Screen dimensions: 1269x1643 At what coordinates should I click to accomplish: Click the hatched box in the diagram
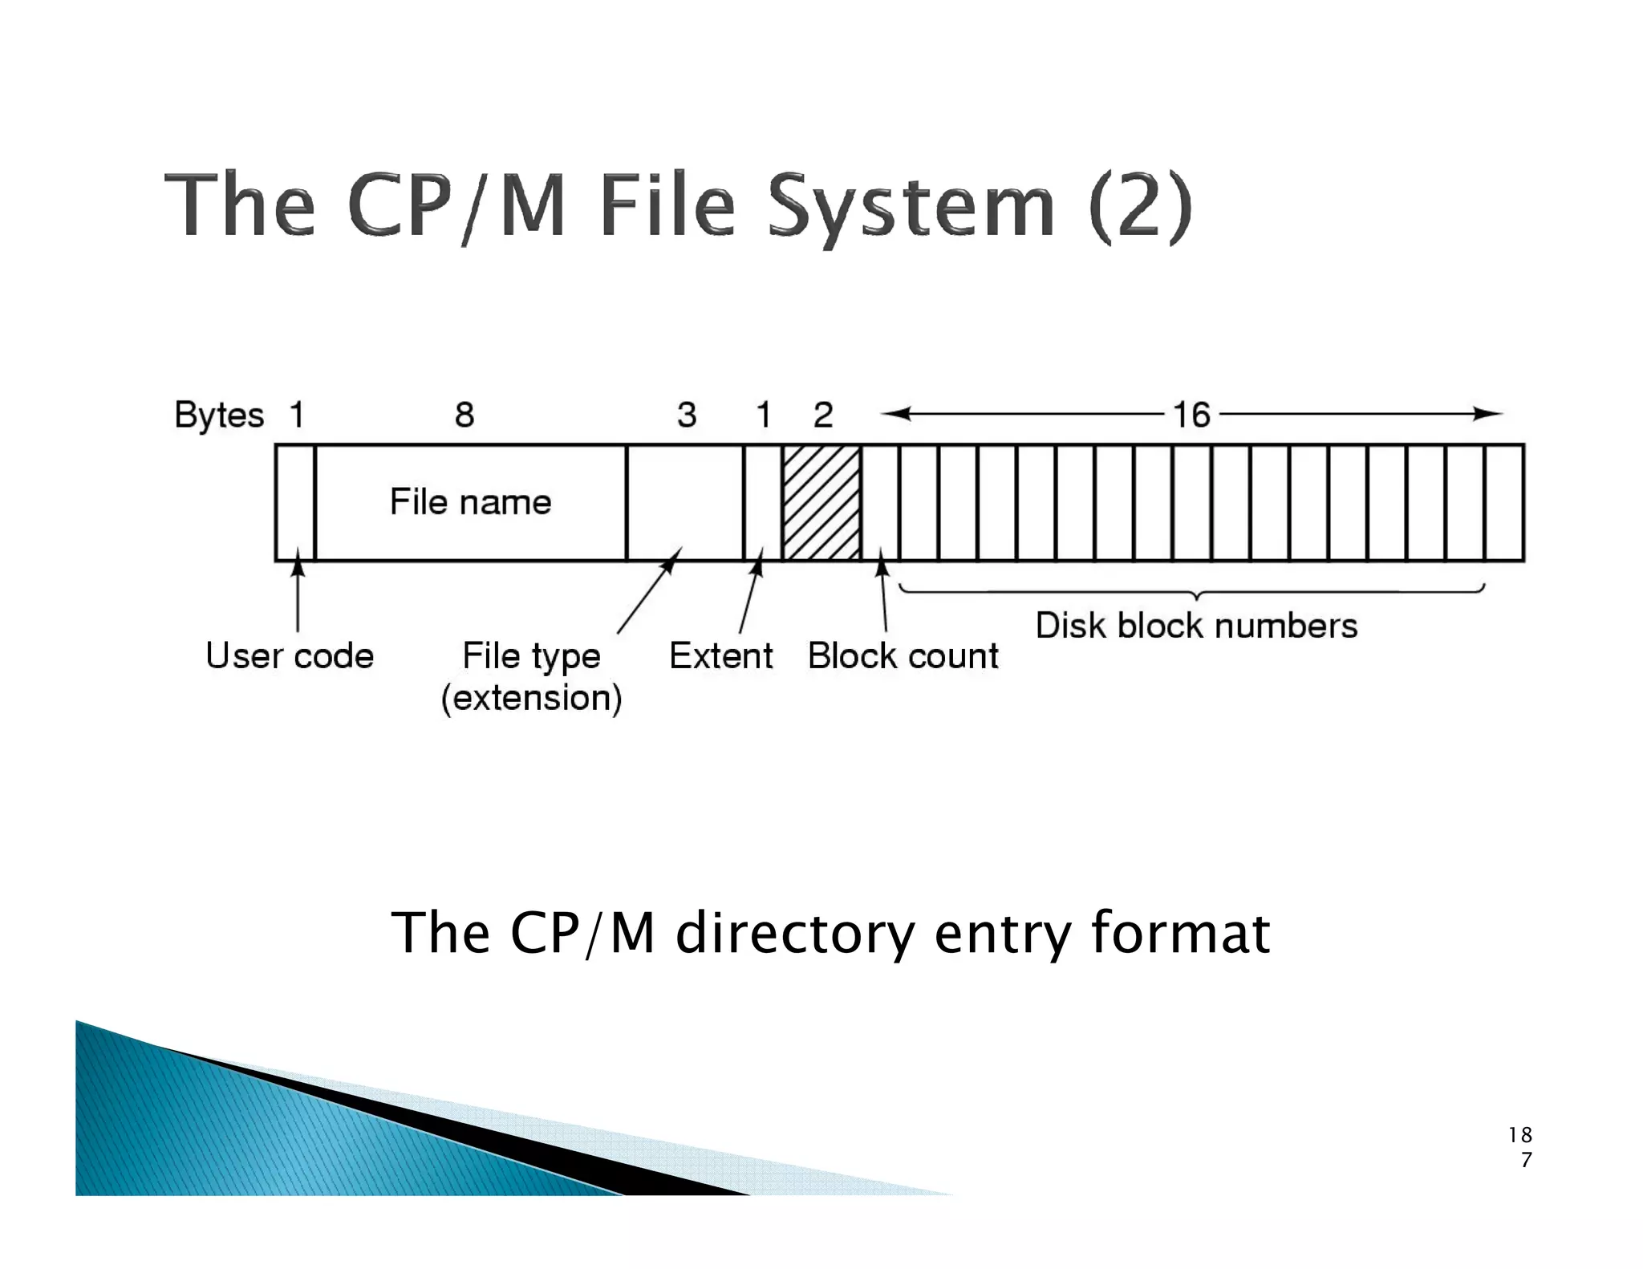coord(821,502)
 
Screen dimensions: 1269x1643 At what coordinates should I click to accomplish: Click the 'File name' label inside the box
coord(470,502)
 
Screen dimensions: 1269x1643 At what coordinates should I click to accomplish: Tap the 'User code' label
coord(290,655)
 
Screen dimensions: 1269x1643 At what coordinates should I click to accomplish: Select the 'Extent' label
coord(720,655)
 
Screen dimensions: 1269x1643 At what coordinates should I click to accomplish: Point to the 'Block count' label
coord(903,655)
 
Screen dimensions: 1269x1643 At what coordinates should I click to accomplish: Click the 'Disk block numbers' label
coord(1196,626)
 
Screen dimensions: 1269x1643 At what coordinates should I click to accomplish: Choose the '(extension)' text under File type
coord(531,697)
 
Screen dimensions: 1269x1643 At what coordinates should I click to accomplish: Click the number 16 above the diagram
coord(1191,415)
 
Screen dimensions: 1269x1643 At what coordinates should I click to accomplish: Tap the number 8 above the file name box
coord(465,415)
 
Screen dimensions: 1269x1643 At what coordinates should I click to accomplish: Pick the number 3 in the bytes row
coord(686,415)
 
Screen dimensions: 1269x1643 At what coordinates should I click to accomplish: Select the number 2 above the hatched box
coord(823,415)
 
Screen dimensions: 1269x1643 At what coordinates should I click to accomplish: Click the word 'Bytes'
coord(219,415)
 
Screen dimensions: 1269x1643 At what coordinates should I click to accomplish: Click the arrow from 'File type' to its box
coord(649,591)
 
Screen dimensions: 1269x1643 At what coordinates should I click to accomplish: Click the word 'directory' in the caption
coord(794,932)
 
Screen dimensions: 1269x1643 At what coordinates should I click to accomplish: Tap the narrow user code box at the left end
coord(295,502)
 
